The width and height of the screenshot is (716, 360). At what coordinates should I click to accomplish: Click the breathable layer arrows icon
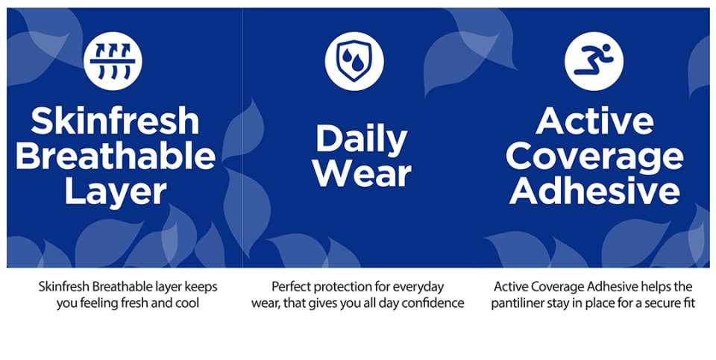click(113, 61)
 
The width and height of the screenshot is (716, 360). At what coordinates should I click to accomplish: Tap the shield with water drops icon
click(354, 61)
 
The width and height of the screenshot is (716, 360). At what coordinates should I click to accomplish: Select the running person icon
click(594, 61)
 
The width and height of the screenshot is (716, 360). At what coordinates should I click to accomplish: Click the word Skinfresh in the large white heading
click(115, 121)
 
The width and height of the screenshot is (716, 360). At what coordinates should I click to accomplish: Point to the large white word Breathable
click(115, 156)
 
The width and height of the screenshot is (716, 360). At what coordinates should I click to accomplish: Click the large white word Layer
click(115, 193)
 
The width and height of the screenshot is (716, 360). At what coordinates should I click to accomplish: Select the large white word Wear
click(363, 174)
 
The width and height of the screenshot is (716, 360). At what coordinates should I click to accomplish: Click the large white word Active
click(594, 121)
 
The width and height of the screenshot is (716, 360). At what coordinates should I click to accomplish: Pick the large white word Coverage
click(594, 157)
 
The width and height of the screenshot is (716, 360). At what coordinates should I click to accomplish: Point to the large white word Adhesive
click(594, 191)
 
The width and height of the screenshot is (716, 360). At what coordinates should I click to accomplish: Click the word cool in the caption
click(188, 303)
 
